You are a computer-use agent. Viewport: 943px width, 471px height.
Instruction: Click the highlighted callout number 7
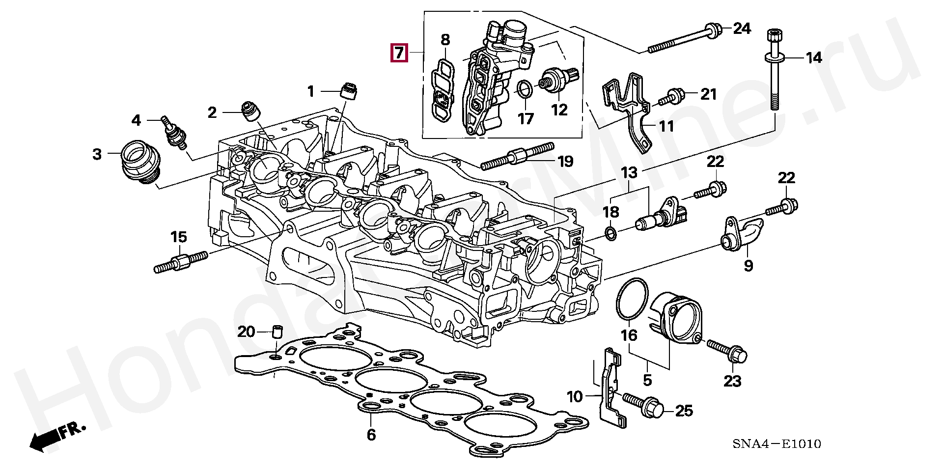pos(399,52)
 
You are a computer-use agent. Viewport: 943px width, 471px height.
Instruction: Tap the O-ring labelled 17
pos(525,89)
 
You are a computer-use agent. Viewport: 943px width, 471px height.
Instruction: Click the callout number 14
pos(814,57)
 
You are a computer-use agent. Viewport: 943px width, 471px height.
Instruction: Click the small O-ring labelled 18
pos(610,234)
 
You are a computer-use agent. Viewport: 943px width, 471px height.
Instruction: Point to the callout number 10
pos(574,396)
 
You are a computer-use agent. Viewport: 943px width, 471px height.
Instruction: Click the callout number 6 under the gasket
pos(371,435)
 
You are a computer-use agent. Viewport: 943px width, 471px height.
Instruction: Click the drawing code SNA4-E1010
pos(777,444)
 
